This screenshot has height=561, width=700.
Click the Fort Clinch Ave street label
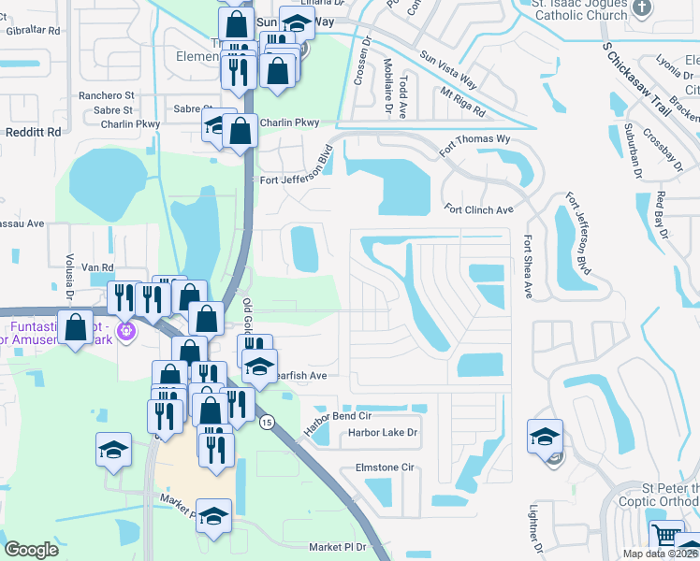point(478,209)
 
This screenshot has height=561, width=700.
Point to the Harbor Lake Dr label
point(382,433)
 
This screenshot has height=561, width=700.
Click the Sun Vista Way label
point(448,70)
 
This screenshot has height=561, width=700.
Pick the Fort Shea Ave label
point(528,266)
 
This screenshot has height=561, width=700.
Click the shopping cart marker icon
point(665,537)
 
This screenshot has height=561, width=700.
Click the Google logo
point(31,550)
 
